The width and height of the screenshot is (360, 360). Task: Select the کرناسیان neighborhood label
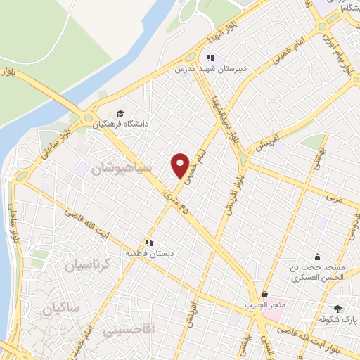tap(88, 265)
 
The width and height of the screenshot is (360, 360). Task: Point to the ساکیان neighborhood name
tap(62, 308)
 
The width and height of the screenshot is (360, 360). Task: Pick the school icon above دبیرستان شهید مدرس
tap(209, 58)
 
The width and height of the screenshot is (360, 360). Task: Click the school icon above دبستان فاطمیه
tap(148, 241)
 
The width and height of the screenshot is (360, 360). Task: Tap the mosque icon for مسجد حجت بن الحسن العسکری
tap(318, 257)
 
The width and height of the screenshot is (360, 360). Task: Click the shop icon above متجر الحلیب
tap(264, 295)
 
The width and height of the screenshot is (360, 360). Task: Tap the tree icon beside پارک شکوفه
tap(337, 309)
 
